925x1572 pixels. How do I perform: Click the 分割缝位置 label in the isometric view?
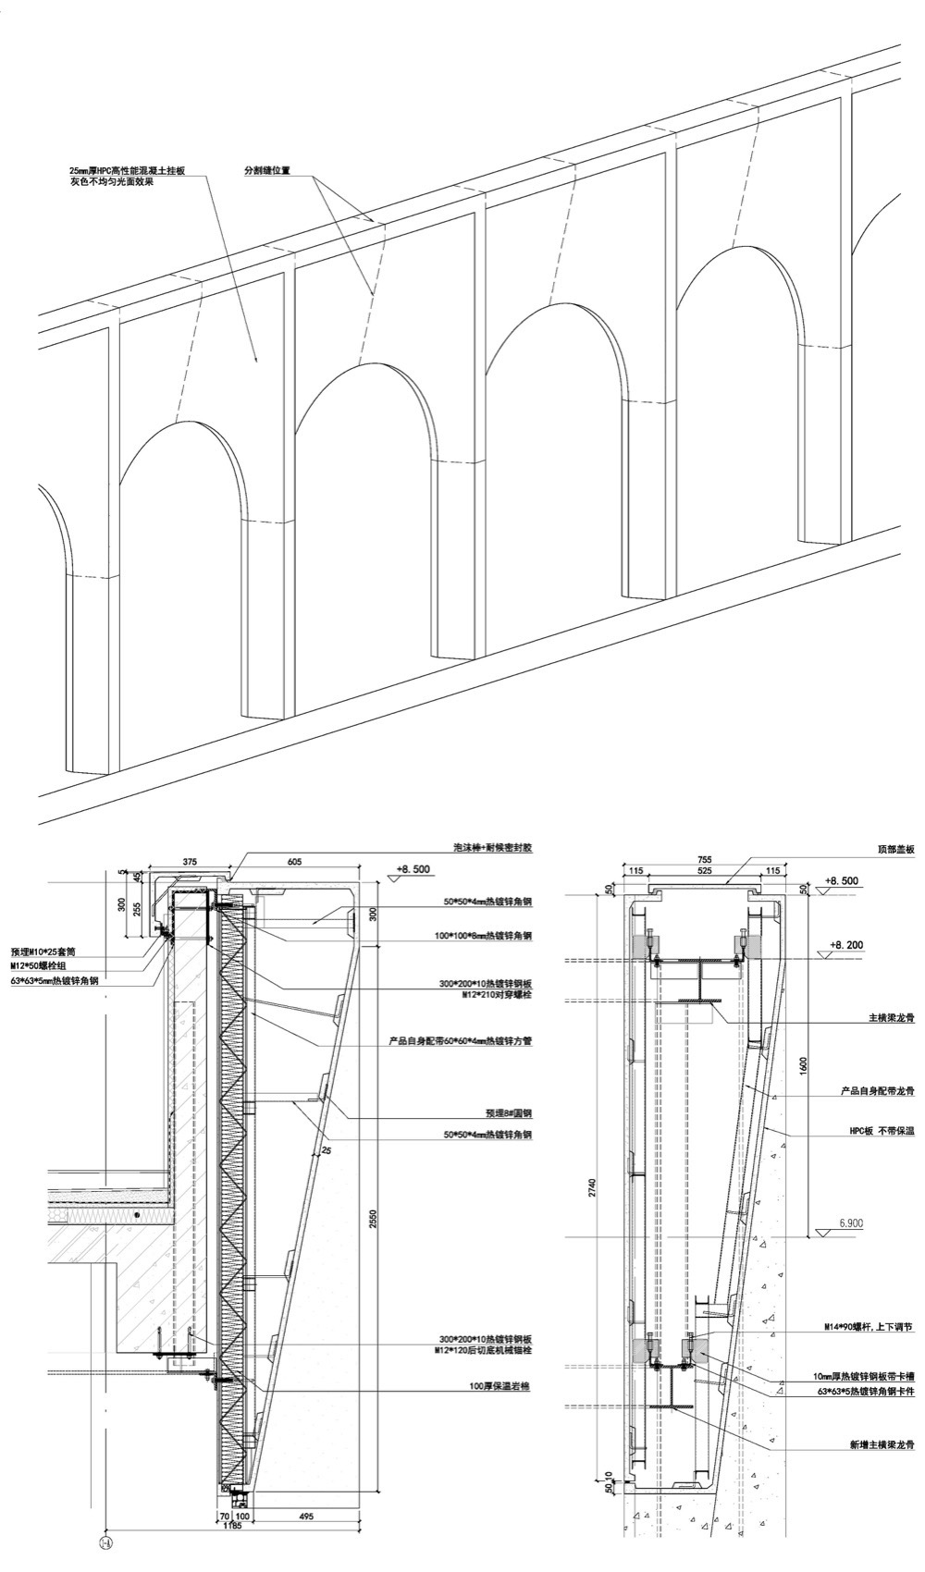click(x=266, y=170)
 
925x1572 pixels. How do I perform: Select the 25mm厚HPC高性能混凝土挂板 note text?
click(x=129, y=171)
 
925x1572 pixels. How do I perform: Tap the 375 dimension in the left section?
click(x=189, y=862)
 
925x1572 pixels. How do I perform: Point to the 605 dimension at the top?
click(x=294, y=862)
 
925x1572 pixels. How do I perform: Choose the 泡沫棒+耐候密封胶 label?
click(x=499, y=847)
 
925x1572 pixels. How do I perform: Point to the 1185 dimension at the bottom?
click(x=232, y=1527)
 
